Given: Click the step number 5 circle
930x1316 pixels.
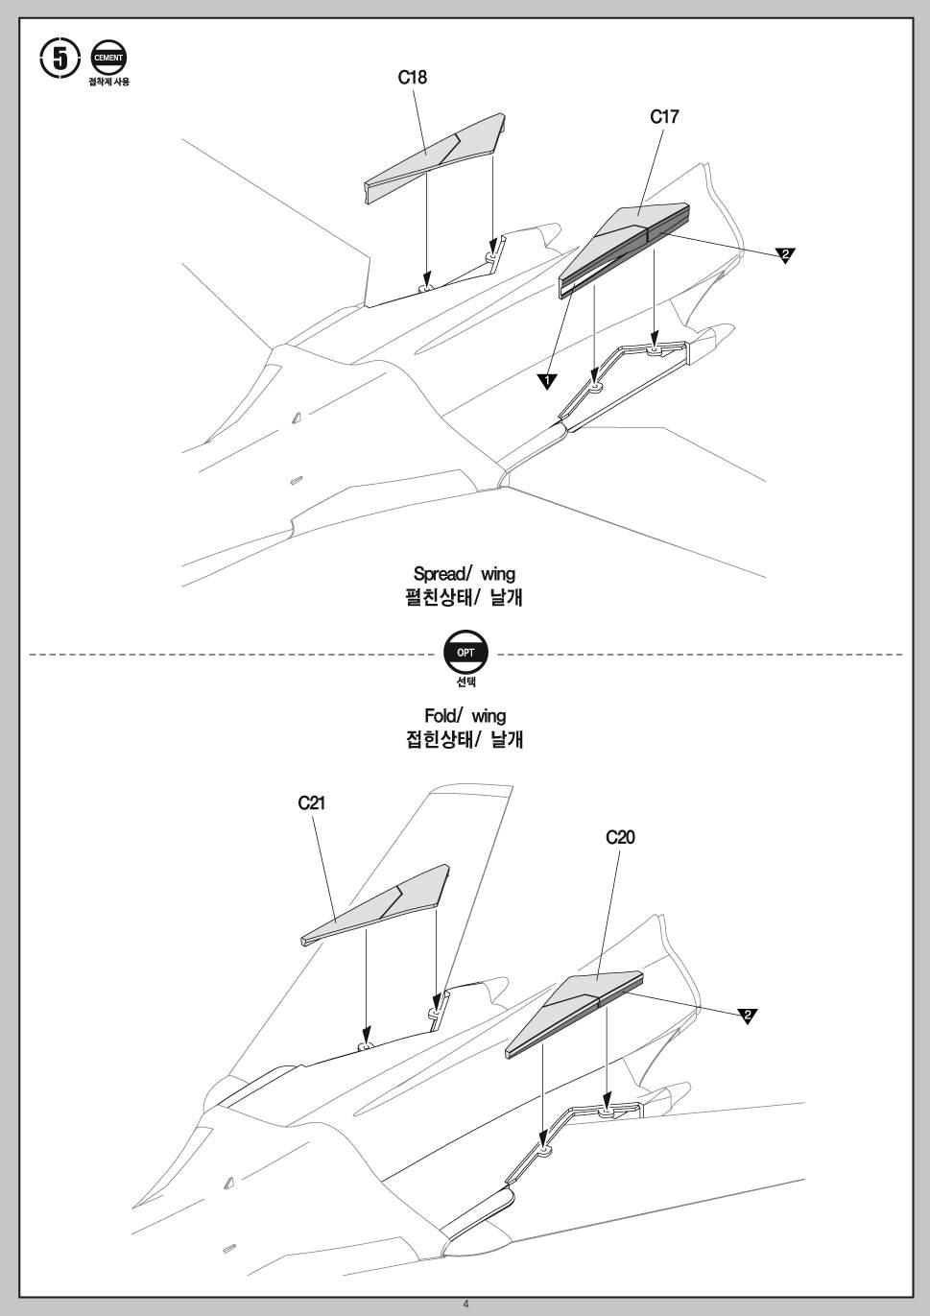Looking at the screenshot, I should tap(60, 59).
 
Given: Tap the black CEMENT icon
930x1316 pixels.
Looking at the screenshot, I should tap(107, 58).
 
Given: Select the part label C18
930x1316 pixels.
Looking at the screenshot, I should tap(413, 78).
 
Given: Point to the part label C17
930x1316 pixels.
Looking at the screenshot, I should tap(664, 117).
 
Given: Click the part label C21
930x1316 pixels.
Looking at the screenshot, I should tap(311, 803).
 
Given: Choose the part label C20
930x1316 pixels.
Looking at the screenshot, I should tap(620, 837).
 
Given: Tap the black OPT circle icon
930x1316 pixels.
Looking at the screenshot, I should tap(465, 653).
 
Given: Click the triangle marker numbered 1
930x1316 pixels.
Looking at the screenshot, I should tap(546, 381).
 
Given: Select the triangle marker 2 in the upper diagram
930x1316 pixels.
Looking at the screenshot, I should tap(785, 254).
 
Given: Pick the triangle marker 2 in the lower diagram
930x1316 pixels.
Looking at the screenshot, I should tap(748, 1016).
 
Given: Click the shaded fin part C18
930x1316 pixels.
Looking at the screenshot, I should tap(432, 158).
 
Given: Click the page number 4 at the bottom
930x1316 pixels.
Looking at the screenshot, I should tap(465, 1304).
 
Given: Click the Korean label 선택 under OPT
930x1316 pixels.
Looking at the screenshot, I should tap(465, 682).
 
